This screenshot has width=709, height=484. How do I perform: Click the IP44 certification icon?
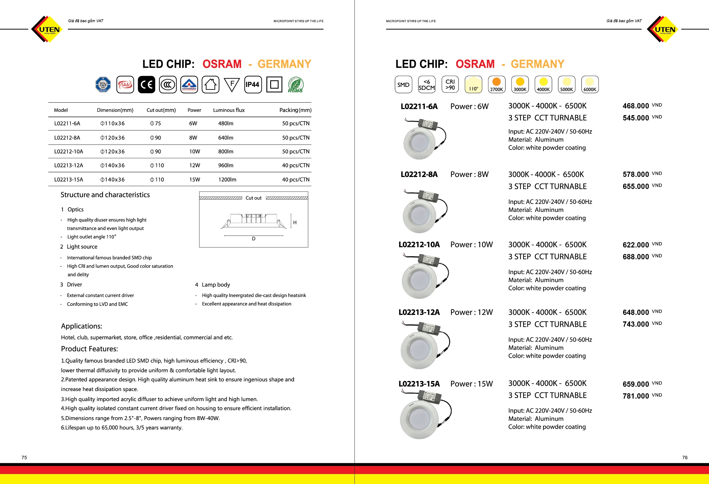(253, 85)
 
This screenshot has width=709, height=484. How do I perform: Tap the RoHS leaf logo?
(295, 85)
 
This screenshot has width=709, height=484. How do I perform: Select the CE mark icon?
(147, 85)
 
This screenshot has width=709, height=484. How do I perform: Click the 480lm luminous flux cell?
(226, 124)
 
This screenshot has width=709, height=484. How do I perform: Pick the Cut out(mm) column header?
(161, 110)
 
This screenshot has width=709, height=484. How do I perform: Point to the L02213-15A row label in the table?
(69, 180)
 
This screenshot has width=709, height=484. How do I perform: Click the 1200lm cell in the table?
(227, 180)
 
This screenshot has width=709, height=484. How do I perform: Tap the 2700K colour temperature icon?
(496, 85)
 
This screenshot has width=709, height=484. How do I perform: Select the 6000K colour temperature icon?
(589, 85)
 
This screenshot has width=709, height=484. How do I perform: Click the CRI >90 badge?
(450, 85)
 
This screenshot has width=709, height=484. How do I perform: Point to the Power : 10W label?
(471, 244)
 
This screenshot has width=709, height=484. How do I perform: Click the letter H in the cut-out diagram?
(295, 222)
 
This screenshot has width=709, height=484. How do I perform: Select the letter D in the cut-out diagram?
(253, 239)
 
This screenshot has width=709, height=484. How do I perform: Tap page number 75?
(24, 457)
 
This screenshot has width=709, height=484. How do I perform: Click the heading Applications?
(81, 326)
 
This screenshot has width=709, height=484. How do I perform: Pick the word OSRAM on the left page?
(222, 64)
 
